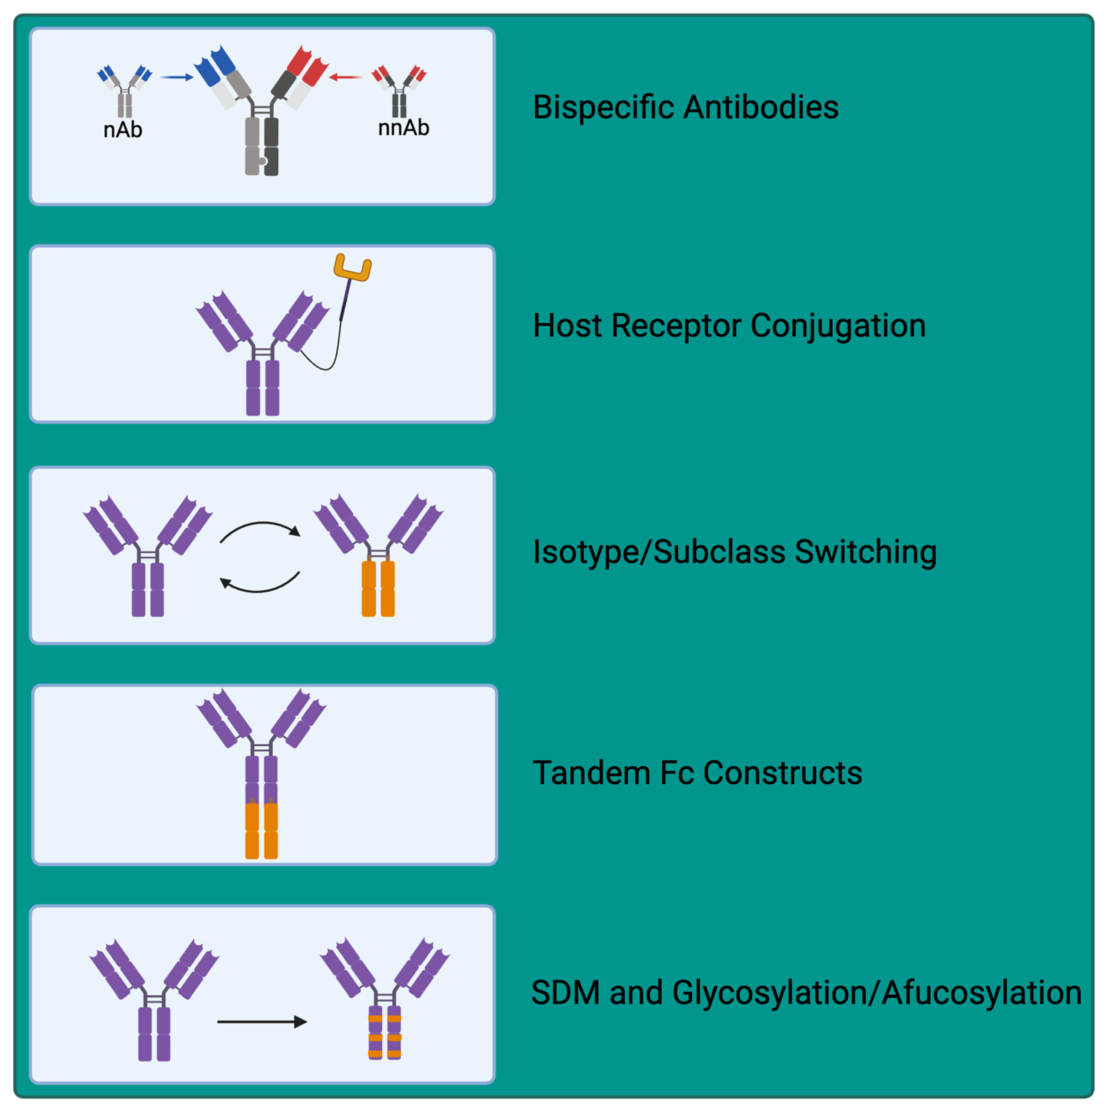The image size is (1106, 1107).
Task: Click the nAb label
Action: [122, 130]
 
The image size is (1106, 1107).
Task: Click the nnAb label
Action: [403, 127]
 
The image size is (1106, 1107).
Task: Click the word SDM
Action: [565, 992]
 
